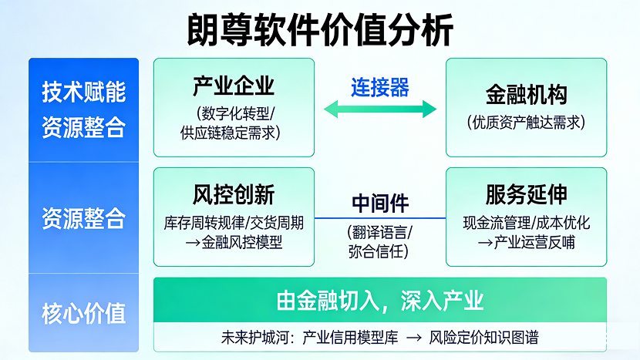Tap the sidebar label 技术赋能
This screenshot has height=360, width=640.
pos(83,93)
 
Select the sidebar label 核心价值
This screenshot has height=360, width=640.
pos(83,314)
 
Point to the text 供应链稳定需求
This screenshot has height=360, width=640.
pos(234,133)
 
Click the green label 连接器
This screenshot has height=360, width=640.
pos(380,86)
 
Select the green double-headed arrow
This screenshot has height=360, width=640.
pos(380,109)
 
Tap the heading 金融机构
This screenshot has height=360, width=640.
pos(527,95)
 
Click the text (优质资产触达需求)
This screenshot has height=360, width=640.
pos(527,122)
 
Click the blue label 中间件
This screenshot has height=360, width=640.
pos(380,204)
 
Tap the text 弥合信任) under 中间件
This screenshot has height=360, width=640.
pos(380,251)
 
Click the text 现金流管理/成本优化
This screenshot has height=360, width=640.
pos(527,224)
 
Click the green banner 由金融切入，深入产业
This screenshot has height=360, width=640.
pos(380,301)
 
